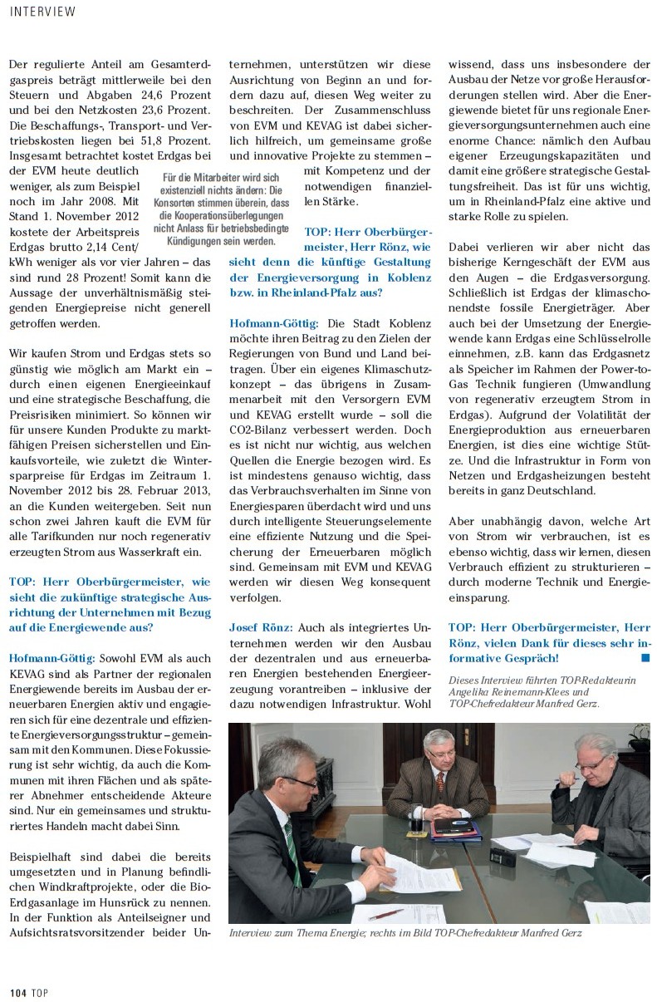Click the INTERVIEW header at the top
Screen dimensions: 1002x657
coord(42,12)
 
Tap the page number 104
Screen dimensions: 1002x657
coord(19,990)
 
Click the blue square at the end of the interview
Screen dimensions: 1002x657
coord(645,658)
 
